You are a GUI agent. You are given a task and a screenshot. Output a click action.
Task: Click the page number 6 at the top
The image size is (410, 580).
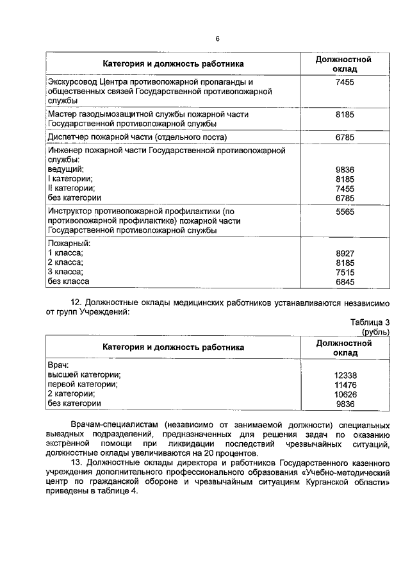pyautogui.click(x=217, y=39)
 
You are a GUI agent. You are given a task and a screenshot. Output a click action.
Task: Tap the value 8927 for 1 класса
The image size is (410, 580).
pyautogui.click(x=345, y=253)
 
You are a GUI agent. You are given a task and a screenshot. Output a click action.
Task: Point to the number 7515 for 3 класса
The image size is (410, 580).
pyautogui.click(x=345, y=272)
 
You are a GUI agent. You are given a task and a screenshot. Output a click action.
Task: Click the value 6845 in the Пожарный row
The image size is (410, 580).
pyautogui.click(x=345, y=281)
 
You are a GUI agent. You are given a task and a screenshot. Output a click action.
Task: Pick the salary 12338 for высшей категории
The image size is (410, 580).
pyautogui.click(x=345, y=376)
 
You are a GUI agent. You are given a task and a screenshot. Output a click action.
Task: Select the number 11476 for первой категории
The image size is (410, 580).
pyautogui.click(x=345, y=385)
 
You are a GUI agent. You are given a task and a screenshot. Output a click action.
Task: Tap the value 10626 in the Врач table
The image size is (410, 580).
pyautogui.click(x=345, y=394)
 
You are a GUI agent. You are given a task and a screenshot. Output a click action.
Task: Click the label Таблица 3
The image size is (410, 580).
pyautogui.click(x=370, y=322)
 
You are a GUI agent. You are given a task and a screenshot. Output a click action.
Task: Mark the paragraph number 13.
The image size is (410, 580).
pyautogui.click(x=75, y=462)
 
